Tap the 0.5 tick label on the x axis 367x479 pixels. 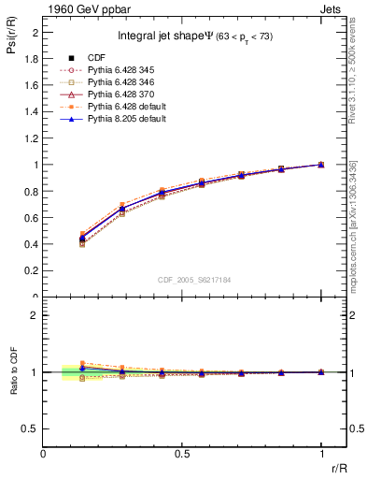coord(182,455)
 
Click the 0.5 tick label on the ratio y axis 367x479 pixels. coord(32,428)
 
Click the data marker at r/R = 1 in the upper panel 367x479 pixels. coord(321,165)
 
